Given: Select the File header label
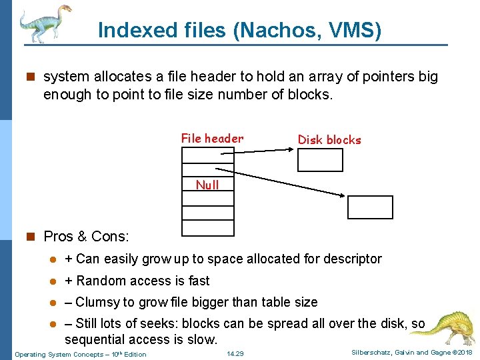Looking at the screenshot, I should pyautogui.click(x=212, y=139).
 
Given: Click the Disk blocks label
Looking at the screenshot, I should pyautogui.click(x=329, y=140).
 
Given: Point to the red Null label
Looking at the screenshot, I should pyautogui.click(x=207, y=185).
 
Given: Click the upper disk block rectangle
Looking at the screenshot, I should pyautogui.click(x=320, y=160).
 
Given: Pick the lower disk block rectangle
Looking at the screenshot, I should pyautogui.click(x=371, y=207).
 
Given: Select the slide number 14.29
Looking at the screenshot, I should pyautogui.click(x=235, y=353).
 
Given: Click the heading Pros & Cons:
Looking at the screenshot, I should pyautogui.click(x=86, y=237).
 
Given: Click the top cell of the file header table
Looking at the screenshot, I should pyautogui.click(x=207, y=154).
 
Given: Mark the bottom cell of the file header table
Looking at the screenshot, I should pyautogui.click(x=207, y=228).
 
